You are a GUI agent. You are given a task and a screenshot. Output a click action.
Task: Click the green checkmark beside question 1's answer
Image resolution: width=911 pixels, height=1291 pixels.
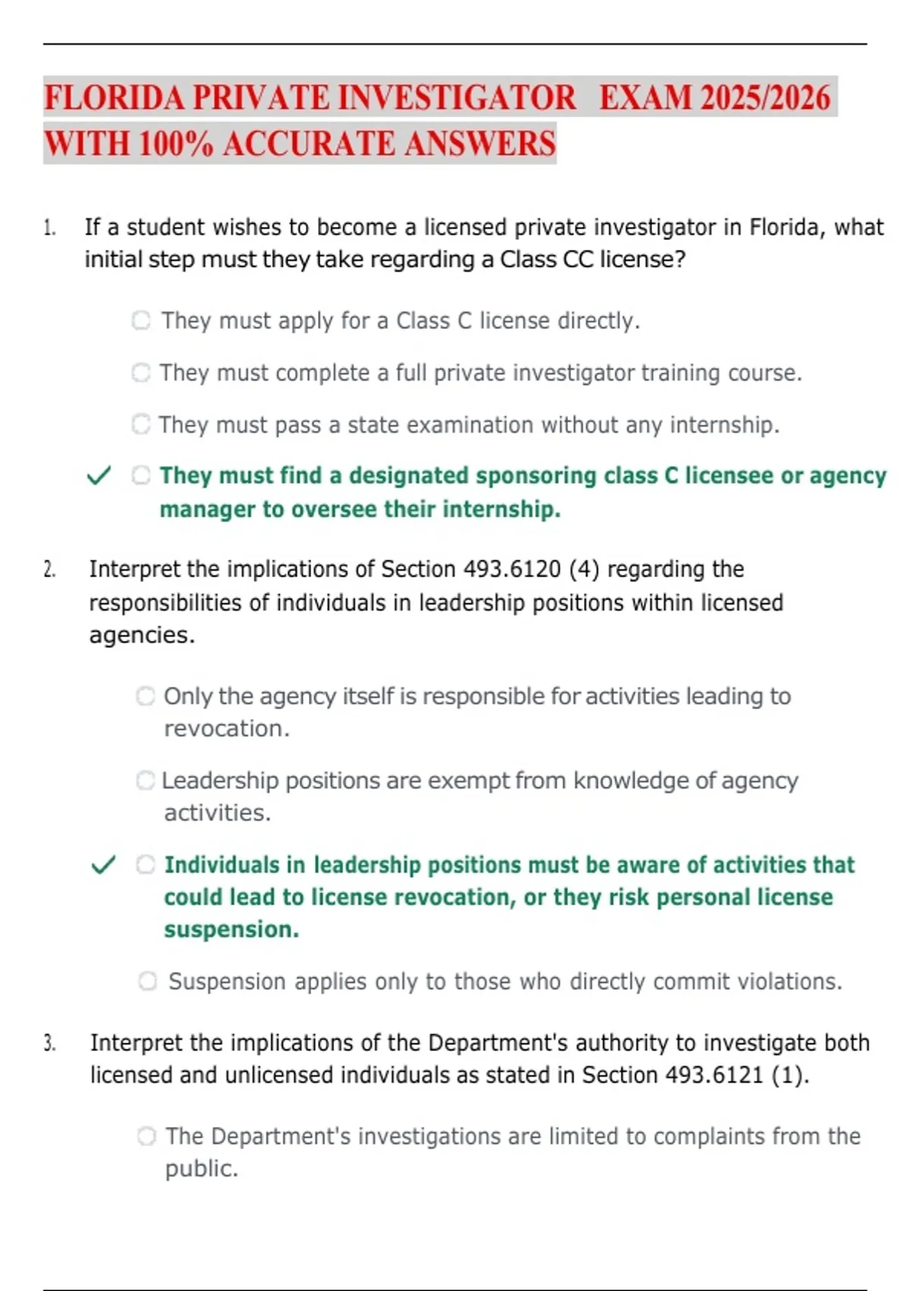99,476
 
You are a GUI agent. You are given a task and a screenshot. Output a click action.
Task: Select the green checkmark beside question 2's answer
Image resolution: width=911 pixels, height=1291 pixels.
103,865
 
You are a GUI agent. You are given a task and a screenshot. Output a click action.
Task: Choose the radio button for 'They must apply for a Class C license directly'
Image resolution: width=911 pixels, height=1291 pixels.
141,320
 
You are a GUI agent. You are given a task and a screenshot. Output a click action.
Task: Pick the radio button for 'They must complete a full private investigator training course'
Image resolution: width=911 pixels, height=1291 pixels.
141,373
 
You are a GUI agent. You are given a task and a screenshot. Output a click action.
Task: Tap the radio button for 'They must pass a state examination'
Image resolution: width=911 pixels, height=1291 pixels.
141,424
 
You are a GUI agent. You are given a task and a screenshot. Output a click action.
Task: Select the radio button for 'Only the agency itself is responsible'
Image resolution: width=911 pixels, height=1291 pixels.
146,696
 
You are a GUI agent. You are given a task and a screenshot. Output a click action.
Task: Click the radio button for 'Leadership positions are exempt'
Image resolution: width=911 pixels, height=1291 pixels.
146,780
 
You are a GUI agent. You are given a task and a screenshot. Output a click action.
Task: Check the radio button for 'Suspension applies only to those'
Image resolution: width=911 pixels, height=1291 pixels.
148,981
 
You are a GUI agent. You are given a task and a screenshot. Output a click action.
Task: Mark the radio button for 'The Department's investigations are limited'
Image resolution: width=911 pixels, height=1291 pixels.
147,1136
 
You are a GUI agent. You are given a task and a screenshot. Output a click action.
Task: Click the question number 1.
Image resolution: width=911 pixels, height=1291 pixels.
49,228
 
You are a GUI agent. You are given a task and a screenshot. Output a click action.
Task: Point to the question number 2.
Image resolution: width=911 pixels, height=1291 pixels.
49,570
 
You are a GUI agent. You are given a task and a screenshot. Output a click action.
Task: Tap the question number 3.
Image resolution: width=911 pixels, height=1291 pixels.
49,1043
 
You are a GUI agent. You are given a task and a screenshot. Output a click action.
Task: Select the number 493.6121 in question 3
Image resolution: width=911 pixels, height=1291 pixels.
714,1075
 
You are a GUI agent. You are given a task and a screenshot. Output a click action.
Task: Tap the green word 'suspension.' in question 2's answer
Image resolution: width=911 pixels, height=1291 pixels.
232,930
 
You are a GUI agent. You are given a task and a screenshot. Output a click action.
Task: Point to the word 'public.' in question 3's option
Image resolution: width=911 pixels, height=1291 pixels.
202,1169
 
